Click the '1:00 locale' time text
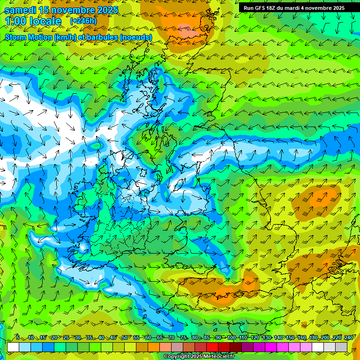(33, 21)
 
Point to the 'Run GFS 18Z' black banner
(294, 8)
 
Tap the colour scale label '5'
(17, 338)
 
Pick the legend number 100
(231, 338)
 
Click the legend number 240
(349, 338)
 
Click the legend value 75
(183, 338)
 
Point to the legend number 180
(313, 338)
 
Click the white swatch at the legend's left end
(13, 347)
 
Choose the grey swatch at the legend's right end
(341, 347)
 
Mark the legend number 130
(266, 338)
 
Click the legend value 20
(54, 338)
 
